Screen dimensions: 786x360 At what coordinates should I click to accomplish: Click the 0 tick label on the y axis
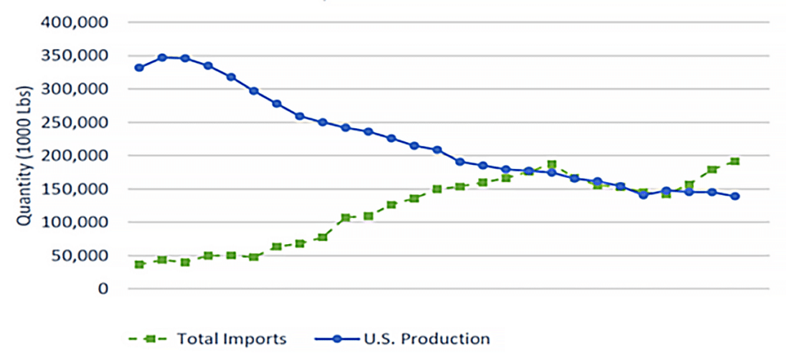tap(103, 289)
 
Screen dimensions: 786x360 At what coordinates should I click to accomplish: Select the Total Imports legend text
tap(231, 339)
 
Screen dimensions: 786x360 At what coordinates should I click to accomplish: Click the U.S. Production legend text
tap(424, 339)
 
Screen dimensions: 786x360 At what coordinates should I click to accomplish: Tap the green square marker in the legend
tap(148, 339)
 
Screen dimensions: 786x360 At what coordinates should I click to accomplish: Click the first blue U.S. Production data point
tap(140, 68)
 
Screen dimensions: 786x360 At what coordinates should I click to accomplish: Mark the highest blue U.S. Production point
tap(163, 58)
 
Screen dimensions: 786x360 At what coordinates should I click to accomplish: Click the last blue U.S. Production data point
tap(735, 196)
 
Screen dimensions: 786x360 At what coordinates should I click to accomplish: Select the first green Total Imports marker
tap(140, 264)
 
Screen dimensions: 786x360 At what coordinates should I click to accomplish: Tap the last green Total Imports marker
tap(735, 161)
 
